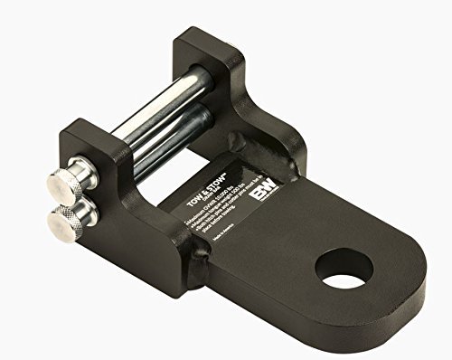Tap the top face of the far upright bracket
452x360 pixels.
click(203, 41)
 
